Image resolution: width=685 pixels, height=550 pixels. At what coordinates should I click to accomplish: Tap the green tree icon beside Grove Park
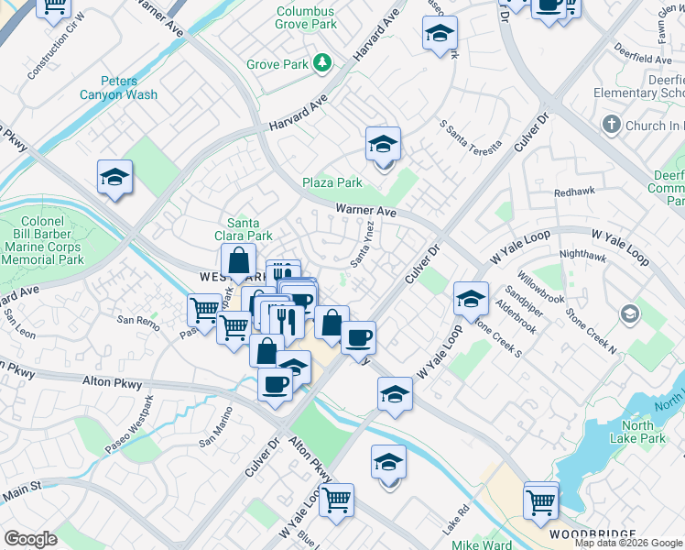click(321, 62)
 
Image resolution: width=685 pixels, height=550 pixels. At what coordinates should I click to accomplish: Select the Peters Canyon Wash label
click(130, 87)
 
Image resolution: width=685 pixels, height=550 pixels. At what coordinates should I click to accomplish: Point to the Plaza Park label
click(333, 182)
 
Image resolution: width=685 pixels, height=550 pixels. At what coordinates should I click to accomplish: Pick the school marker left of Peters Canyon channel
click(115, 178)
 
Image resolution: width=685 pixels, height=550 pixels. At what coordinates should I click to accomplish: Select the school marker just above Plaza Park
click(383, 145)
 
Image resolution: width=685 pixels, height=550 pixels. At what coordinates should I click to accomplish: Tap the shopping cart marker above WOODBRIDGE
click(541, 501)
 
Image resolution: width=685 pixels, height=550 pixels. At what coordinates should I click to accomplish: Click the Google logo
click(30, 539)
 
